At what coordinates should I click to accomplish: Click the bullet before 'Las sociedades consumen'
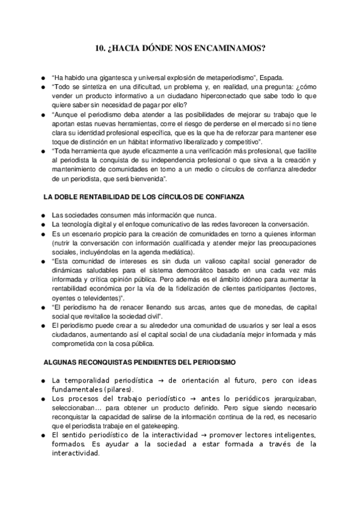[x=43, y=215]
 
